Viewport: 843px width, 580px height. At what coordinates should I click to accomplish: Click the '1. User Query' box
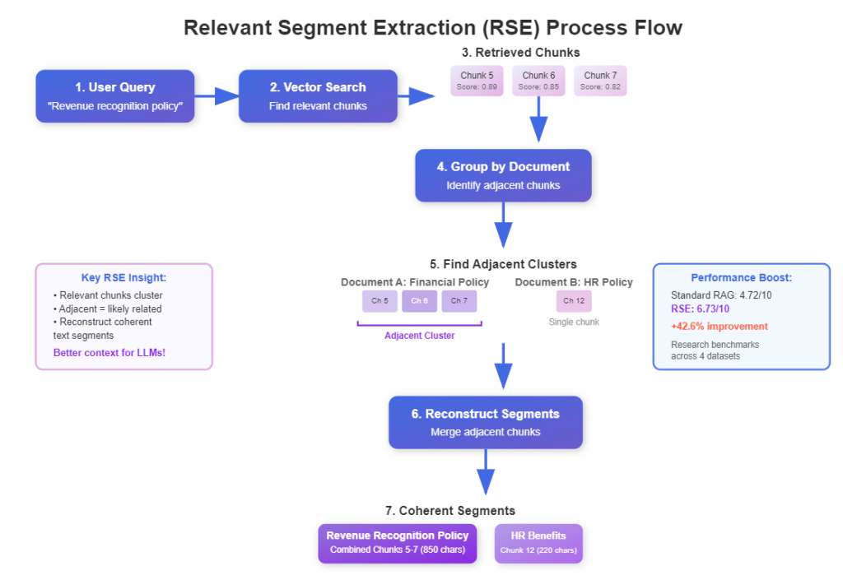coord(115,96)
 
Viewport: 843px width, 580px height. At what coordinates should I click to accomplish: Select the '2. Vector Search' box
coord(318,96)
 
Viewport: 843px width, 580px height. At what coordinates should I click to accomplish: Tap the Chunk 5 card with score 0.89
coord(477,81)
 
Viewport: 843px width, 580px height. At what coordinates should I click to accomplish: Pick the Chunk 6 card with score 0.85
coord(539,81)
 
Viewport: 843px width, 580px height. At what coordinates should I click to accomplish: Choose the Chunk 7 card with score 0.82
coord(600,81)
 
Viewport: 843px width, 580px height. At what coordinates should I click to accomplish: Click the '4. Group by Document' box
coord(503,175)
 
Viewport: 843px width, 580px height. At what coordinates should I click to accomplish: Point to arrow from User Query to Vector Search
coord(217,96)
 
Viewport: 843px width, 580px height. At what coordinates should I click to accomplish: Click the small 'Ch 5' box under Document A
coord(380,301)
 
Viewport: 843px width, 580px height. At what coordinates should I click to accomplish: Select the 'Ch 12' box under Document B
coord(574,301)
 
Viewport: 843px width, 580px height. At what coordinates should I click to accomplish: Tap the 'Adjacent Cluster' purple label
coord(419,336)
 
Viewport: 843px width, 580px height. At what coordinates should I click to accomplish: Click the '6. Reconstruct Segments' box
coord(486,422)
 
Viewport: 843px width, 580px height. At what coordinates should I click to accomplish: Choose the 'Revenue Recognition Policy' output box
coord(398,543)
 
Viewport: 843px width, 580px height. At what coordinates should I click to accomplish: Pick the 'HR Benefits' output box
coord(538,543)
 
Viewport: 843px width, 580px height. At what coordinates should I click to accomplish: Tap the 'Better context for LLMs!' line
coord(109,352)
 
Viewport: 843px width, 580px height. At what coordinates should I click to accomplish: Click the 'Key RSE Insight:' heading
coord(123,278)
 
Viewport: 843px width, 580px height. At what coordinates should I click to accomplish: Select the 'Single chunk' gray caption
coord(574,322)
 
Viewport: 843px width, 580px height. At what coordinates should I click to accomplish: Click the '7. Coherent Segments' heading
coord(450,511)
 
